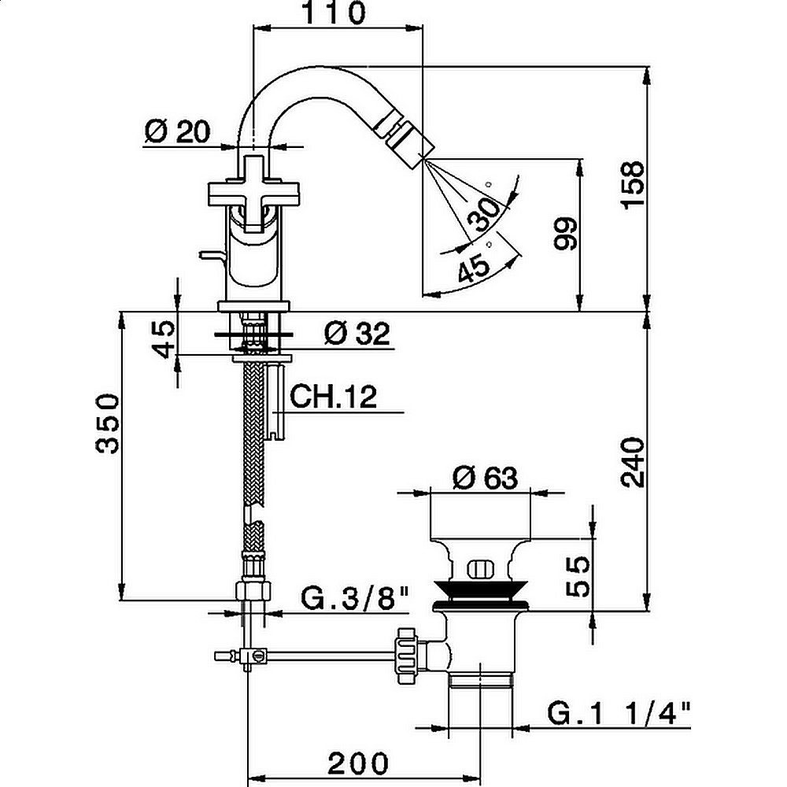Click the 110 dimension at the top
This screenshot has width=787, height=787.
point(337,13)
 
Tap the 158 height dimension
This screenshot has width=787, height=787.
point(631,186)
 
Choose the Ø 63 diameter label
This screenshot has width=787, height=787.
point(485,477)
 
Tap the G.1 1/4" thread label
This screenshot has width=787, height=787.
point(619,715)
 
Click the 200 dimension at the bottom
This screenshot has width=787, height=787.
point(358,762)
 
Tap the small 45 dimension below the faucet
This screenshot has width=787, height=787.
point(164,338)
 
